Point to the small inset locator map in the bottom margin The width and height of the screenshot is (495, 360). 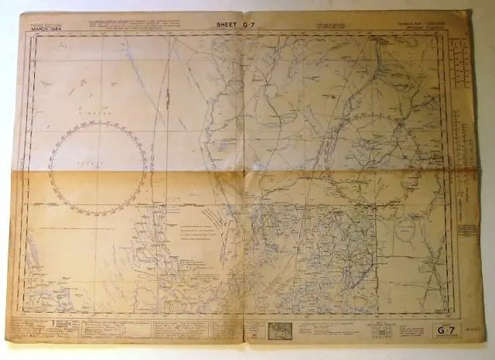pyautogui.click(x=279, y=331)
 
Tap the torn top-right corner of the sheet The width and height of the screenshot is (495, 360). pyautogui.click(x=466, y=14)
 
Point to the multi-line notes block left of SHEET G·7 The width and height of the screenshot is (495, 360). pyautogui.click(x=155, y=26)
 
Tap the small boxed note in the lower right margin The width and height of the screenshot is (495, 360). pyautogui.click(x=466, y=230)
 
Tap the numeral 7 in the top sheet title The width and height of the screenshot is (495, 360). pyautogui.click(x=252, y=26)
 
